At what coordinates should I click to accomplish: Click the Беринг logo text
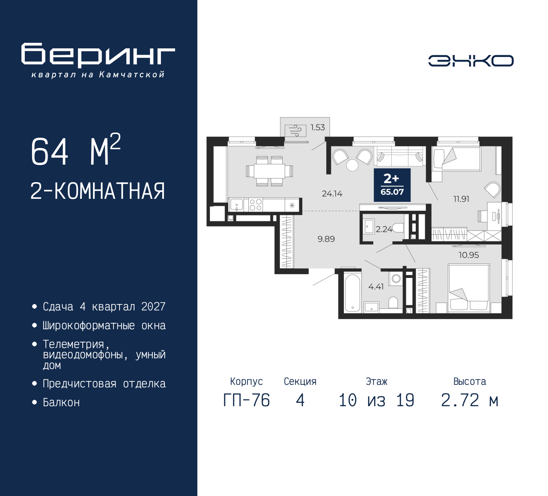98,55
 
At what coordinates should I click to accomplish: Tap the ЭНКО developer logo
471,61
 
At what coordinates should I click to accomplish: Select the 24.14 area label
332,194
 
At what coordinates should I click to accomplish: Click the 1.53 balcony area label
318,127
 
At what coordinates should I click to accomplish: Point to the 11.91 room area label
461,199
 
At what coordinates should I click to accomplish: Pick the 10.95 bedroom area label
468,255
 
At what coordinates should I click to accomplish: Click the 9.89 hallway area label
326,239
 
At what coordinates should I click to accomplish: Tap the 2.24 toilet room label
384,229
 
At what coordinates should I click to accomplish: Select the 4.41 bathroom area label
376,286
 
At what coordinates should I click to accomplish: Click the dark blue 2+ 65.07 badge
392,185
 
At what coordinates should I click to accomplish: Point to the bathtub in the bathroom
352,293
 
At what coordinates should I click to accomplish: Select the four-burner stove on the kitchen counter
256,205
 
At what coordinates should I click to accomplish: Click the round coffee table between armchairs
352,165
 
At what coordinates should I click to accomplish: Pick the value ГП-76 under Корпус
246,401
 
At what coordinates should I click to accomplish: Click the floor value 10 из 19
376,401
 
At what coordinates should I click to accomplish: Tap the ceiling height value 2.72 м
469,401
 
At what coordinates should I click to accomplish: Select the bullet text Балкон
61,402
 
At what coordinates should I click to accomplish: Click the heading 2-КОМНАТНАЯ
98,191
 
